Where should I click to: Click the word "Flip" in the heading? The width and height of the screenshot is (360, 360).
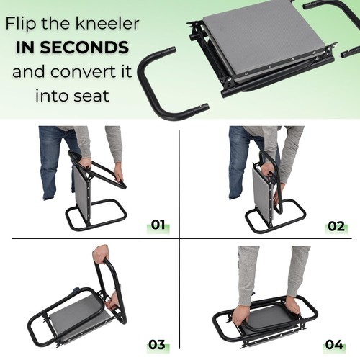pyautogui.click(x=22, y=23)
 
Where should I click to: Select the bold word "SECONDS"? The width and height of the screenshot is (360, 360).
pyautogui.click(x=84, y=48)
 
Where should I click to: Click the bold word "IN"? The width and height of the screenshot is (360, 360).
pyautogui.click(x=25, y=48)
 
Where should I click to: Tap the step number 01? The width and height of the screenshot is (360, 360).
pyautogui.click(x=158, y=225)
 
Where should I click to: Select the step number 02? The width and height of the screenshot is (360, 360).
pyautogui.click(x=336, y=226)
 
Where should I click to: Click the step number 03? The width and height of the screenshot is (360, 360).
pyautogui.click(x=157, y=345)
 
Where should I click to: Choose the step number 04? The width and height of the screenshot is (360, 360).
pyautogui.click(x=334, y=345)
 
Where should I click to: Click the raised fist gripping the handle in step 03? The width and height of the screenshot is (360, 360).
pyautogui.click(x=101, y=254)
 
